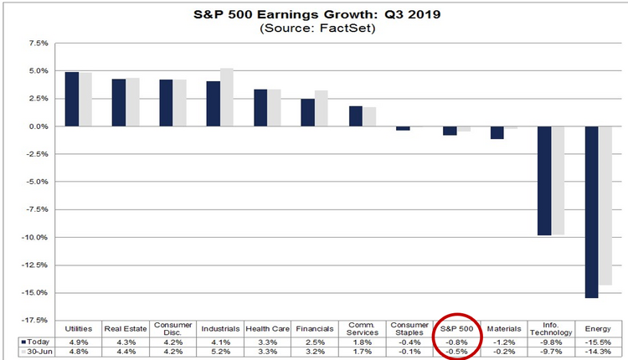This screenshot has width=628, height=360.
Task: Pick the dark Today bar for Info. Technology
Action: coord(544,181)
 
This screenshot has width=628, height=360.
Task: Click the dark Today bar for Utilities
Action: coord(72,99)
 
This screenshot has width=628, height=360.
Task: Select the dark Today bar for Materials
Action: coord(497,132)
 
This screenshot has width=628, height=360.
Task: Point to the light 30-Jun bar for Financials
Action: coord(321,108)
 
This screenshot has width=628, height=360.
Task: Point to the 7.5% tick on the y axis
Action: coord(39,43)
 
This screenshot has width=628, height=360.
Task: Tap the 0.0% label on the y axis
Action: coord(39,126)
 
